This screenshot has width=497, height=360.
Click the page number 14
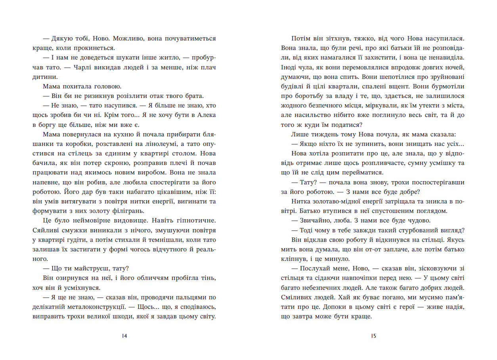point(124,336)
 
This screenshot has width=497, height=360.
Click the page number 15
point(373,336)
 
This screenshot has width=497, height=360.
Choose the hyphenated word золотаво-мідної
point(331,201)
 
